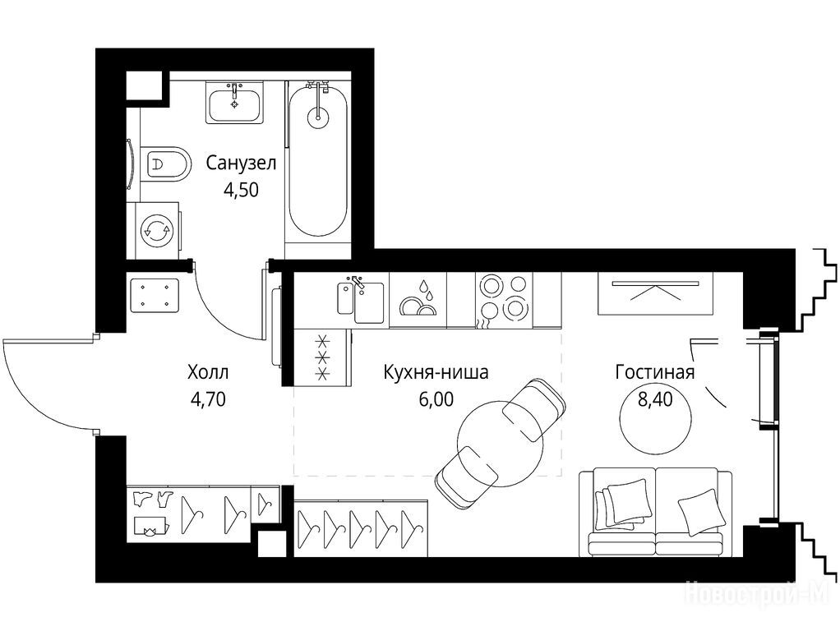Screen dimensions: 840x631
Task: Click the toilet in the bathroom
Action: pyautogui.click(x=166, y=164)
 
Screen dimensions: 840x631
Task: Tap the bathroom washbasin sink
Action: pyautogui.click(x=234, y=102)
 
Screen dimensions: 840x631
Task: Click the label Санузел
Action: pyautogui.click(x=241, y=163)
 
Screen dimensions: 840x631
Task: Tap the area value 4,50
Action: pyautogui.click(x=241, y=190)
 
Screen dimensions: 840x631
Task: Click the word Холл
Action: pyautogui.click(x=208, y=371)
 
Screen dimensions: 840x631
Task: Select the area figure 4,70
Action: pyautogui.click(x=208, y=399)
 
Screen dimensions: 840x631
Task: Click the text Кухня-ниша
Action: pyautogui.click(x=436, y=371)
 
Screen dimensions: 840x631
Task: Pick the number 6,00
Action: pyautogui.click(x=436, y=399)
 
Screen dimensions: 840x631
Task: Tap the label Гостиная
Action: pyautogui.click(x=654, y=371)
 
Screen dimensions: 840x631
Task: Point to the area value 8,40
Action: pyautogui.click(x=654, y=399)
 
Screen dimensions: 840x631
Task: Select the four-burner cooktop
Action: pyautogui.click(x=503, y=301)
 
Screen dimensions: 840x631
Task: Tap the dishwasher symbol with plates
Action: pyautogui.click(x=418, y=301)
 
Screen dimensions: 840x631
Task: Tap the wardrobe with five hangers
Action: pyautogui.click(x=361, y=528)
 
